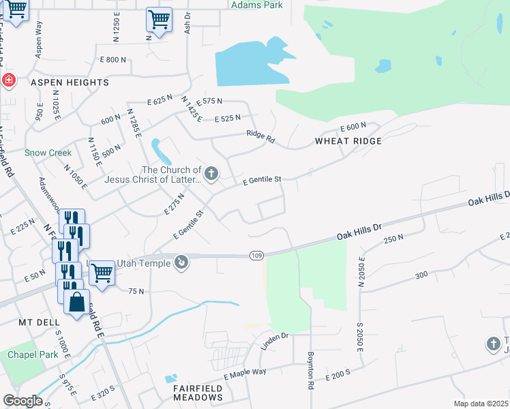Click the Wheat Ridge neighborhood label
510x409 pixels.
(x=348, y=141)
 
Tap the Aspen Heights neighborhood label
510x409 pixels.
(x=70, y=82)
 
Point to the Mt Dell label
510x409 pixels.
(x=35, y=322)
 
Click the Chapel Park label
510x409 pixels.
(x=30, y=354)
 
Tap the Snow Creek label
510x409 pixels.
(x=48, y=153)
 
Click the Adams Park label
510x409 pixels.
(x=256, y=4)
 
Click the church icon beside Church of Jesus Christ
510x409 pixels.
(x=211, y=175)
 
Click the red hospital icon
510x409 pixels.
(x=8, y=81)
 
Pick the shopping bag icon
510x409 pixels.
(x=77, y=301)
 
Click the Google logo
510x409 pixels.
(x=22, y=401)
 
